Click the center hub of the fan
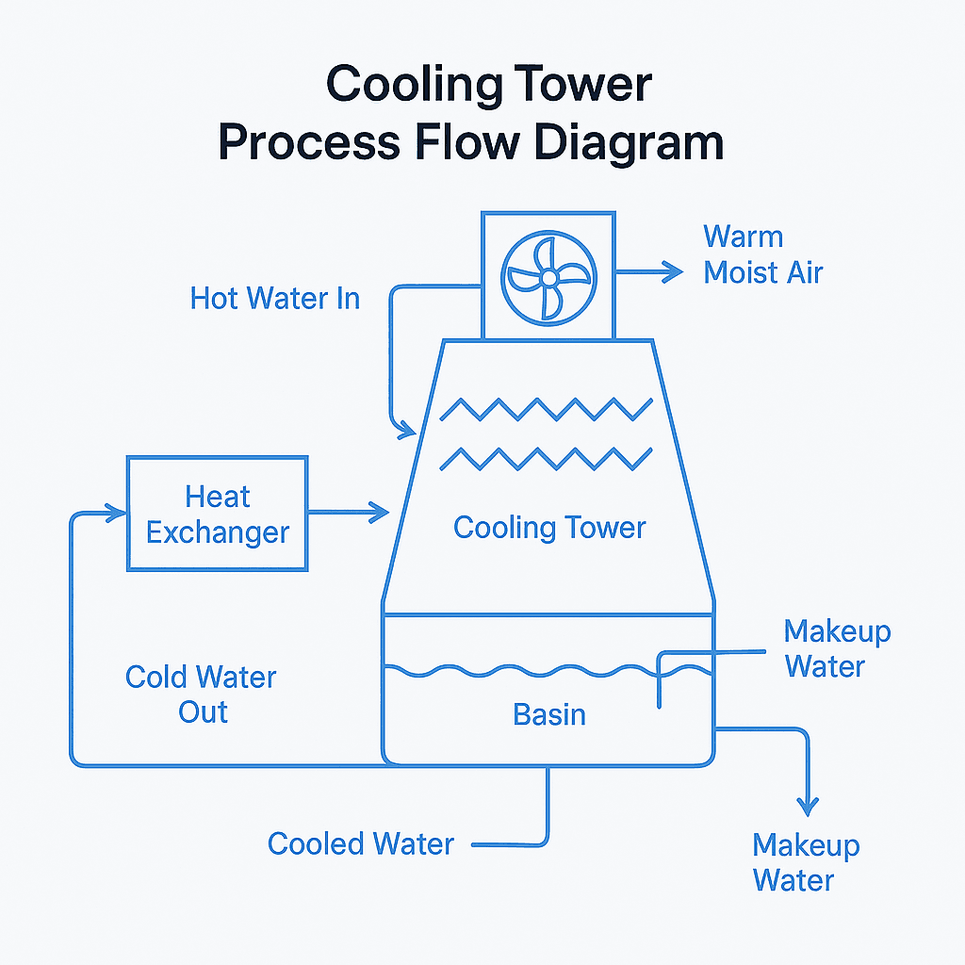548,277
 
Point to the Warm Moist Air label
762,254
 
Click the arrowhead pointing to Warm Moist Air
672,272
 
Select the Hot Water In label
274,299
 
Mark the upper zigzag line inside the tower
547,409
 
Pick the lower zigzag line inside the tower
547,458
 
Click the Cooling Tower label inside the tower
549,527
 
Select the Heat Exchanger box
218,514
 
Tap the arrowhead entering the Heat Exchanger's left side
117,514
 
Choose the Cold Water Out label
201,695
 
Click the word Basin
549,714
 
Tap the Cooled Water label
360,843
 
